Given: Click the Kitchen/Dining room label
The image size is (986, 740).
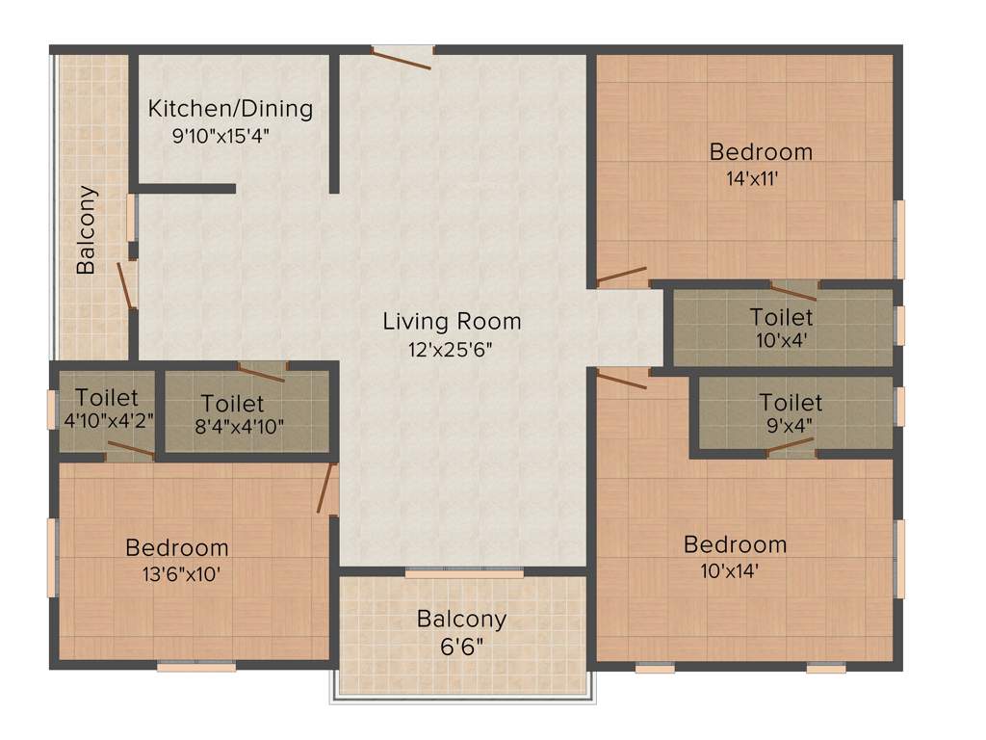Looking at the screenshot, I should pos(230,108).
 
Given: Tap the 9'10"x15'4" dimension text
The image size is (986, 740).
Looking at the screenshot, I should pos(221,136).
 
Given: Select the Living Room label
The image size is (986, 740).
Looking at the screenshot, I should pos(452,321).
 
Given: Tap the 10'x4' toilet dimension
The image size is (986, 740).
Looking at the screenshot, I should pos(780,339).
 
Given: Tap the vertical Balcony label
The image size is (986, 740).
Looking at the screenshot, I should pos(87,229).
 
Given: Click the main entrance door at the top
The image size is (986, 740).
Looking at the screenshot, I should pos(402,59).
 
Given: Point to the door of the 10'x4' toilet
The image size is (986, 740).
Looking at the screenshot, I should pos(793,291).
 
